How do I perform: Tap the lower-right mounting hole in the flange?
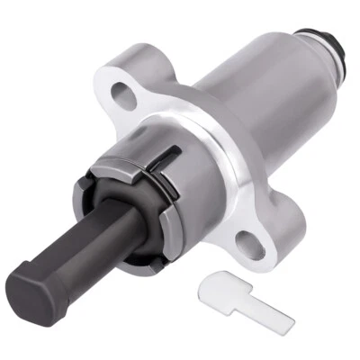pyautogui.click(x=249, y=240)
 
